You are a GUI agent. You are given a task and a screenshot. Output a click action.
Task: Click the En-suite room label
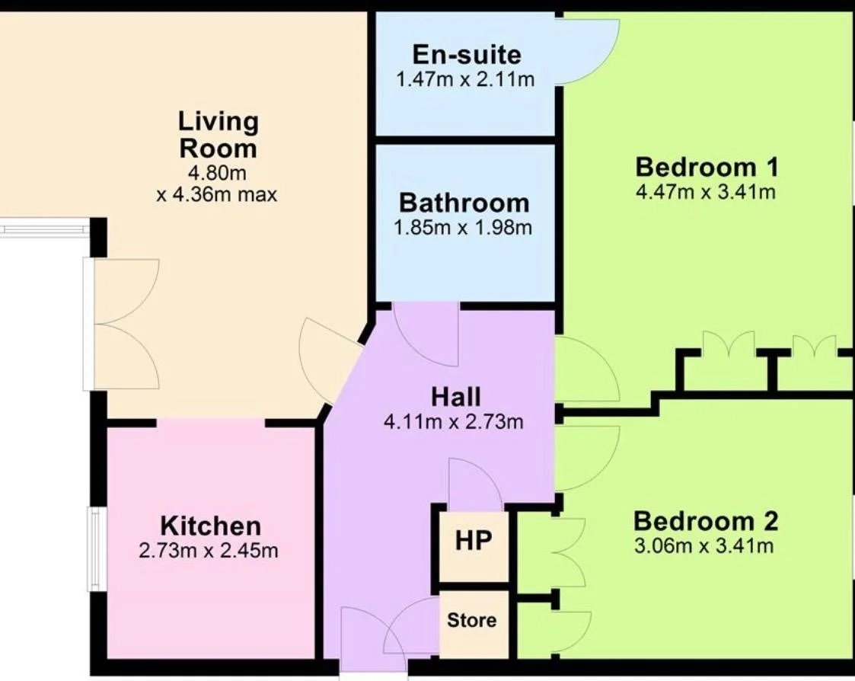pos(467,55)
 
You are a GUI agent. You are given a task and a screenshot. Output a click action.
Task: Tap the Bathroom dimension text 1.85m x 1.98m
pos(463,227)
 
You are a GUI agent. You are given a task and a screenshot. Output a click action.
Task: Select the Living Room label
pos(218,135)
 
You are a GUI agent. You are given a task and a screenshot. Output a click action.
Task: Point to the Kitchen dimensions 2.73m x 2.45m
pos(209,551)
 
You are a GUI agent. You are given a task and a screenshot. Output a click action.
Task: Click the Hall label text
pos(456,397)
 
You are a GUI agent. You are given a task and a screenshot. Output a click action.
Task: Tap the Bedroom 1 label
pos(707,167)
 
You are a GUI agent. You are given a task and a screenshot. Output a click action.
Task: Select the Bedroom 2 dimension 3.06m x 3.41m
pos(704,545)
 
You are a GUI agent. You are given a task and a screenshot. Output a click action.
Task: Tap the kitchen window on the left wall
pos(97,549)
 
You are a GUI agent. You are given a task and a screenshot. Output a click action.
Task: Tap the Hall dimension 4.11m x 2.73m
pos(454,422)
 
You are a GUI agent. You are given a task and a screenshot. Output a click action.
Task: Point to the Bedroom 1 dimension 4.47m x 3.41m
pos(706,192)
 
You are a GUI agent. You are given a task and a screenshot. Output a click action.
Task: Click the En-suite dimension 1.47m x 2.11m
pos(465,80)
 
